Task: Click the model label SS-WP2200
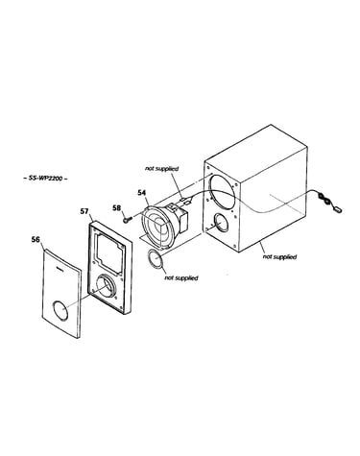point(45,179)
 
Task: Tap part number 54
point(141,192)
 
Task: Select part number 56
point(36,239)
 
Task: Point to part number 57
point(84,211)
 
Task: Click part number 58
point(117,207)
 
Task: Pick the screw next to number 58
point(127,219)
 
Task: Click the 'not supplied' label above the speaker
point(161,168)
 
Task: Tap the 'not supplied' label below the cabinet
point(279,256)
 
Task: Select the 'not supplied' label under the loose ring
point(181,277)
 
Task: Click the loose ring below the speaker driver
point(156,259)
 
